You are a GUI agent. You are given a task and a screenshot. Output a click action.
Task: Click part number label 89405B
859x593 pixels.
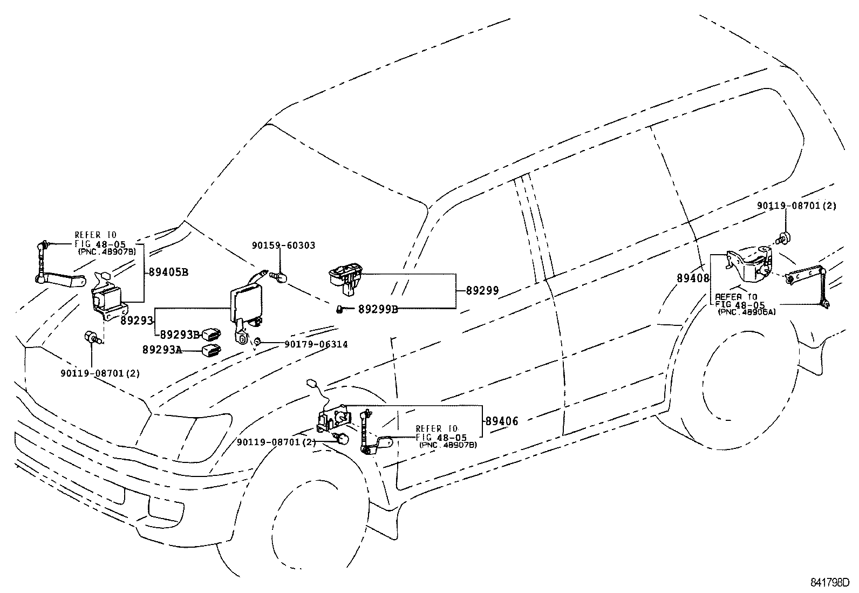[x=168, y=272]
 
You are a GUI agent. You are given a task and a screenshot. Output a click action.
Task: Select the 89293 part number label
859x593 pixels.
[x=137, y=321]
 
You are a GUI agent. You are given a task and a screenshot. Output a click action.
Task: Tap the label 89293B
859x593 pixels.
[x=180, y=335]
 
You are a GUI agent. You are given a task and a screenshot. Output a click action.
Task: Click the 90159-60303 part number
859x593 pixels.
[x=283, y=246]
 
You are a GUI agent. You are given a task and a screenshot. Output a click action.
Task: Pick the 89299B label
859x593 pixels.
[x=378, y=309]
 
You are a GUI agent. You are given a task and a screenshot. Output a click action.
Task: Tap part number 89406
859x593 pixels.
[x=501, y=421]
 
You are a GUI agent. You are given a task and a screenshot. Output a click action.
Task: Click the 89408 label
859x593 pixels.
[x=693, y=278]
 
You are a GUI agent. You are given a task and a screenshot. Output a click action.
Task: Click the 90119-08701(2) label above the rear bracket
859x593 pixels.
[x=796, y=206]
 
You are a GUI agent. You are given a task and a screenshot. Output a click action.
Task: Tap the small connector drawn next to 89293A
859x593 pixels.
[x=211, y=351]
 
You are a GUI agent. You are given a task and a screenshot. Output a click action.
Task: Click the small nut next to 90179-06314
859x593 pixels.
[x=258, y=342]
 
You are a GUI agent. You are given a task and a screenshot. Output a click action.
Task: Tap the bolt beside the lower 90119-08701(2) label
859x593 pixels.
[x=340, y=438]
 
